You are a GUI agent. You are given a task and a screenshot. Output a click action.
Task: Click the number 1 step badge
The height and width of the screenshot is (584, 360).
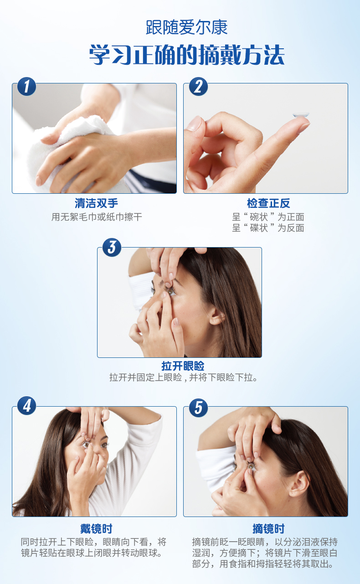[x=26, y=87]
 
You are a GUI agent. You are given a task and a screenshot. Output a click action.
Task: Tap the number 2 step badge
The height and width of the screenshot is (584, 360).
[x=198, y=87]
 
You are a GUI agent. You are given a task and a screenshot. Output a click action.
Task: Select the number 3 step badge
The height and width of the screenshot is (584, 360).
[x=112, y=247]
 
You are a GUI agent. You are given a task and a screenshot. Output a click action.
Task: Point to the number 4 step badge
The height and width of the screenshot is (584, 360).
[x=26, y=406]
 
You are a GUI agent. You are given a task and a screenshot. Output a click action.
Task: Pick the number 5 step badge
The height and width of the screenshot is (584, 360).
[x=198, y=408]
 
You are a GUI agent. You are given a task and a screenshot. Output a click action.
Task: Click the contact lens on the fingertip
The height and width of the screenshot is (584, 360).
[x=301, y=115]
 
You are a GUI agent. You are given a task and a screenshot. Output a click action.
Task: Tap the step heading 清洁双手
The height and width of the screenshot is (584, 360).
[x=97, y=203]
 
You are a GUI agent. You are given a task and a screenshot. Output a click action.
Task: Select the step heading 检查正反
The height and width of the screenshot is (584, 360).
[x=268, y=203]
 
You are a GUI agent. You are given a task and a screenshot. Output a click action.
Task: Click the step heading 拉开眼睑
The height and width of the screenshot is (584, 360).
[x=183, y=366]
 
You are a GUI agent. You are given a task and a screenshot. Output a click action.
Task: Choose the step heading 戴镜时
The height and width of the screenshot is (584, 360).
[x=97, y=529]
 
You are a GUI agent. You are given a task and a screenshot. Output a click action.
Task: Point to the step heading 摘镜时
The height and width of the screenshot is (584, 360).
[x=268, y=529]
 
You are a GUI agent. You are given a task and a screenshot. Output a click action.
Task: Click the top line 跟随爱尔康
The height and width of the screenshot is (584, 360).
[x=187, y=27]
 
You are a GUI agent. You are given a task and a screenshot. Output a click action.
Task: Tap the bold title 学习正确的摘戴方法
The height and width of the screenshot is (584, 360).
[x=187, y=55]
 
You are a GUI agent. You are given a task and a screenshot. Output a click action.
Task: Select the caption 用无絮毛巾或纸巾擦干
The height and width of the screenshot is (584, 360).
[x=97, y=217]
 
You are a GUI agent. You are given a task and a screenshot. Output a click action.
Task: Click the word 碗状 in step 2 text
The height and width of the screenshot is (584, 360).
[x=259, y=217]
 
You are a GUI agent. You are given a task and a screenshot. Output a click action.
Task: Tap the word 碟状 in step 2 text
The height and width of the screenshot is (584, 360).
[x=259, y=228]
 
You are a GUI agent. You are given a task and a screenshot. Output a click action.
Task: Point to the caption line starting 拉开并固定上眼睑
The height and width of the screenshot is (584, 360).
[x=183, y=377]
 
